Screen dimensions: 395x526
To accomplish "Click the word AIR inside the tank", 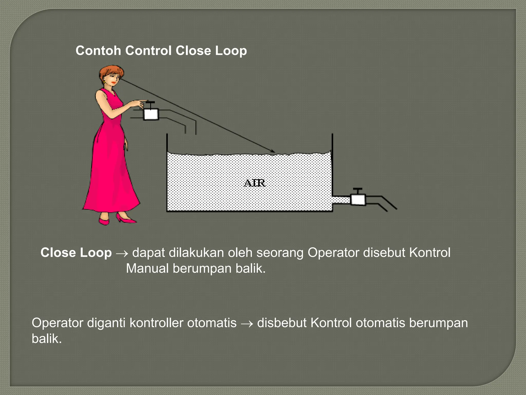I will click(x=254, y=183).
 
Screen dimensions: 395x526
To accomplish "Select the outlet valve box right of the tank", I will click(x=358, y=200).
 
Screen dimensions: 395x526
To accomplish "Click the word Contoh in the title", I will click(x=98, y=51).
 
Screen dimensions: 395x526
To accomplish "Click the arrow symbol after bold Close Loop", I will click(x=122, y=254).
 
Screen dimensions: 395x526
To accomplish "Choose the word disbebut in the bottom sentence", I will click(x=282, y=323).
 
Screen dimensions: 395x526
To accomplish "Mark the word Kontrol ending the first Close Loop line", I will click(x=430, y=253).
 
